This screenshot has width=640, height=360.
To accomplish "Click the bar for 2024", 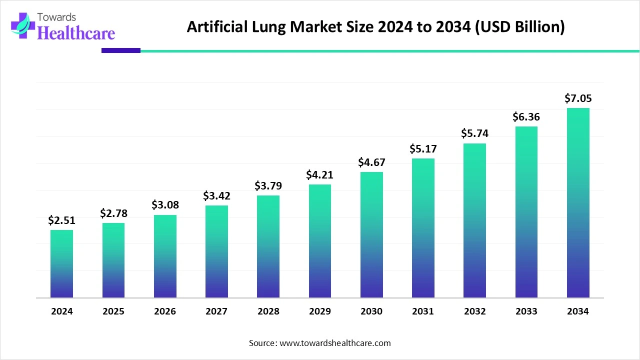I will (x=61, y=263).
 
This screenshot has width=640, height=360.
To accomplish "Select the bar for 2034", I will (x=578, y=202).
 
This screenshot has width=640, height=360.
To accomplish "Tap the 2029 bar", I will (x=319, y=241).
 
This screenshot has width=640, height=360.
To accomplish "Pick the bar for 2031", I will (x=423, y=228).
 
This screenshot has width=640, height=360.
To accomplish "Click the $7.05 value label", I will (x=578, y=98).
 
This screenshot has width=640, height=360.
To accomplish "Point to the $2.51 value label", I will (x=61, y=220).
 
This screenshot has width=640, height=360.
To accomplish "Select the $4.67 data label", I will (x=371, y=162).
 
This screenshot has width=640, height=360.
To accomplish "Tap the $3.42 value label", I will (x=216, y=196).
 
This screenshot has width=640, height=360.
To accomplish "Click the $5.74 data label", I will (x=474, y=133).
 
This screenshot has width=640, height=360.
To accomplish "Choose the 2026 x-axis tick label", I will (x=165, y=311).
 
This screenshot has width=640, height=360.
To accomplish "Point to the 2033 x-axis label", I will (x=526, y=311).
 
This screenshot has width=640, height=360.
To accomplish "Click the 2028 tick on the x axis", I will (x=268, y=311).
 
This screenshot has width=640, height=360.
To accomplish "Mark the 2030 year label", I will (x=371, y=311).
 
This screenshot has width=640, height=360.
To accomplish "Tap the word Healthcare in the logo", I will (x=76, y=33).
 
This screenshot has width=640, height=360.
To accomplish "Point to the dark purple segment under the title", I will (x=121, y=50).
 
